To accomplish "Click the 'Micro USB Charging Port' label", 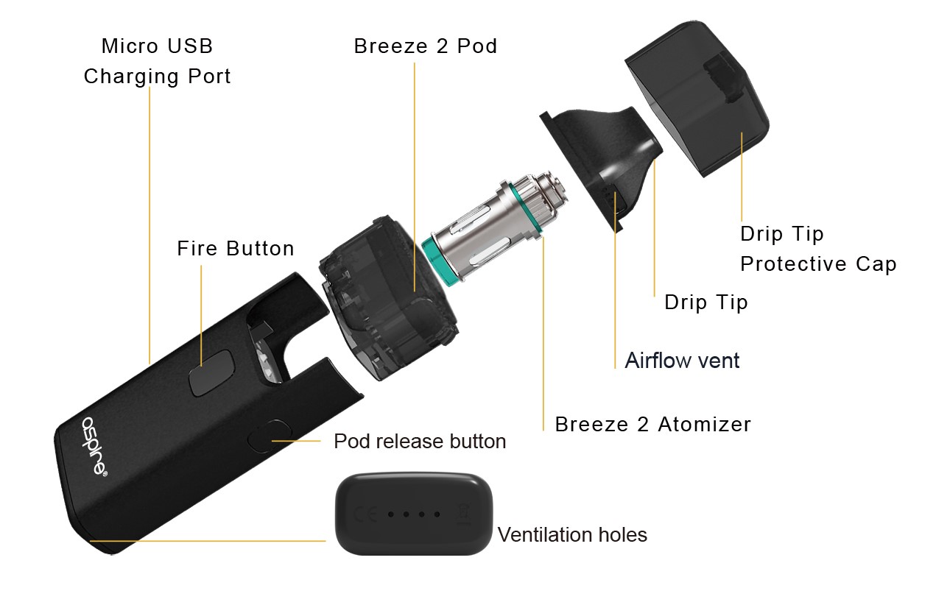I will [x=157, y=61].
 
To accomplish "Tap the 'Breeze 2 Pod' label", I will [x=425, y=46].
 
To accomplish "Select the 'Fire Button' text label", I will [x=236, y=249].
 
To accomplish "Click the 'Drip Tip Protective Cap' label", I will [x=817, y=249].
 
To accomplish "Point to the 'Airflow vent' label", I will [x=682, y=361].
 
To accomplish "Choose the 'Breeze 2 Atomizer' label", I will [x=652, y=425].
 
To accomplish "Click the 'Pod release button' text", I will [x=420, y=442].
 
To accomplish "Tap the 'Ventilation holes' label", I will [x=572, y=534].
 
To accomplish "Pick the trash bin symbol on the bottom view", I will [x=465, y=514].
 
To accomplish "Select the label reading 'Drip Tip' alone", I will [x=706, y=302].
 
